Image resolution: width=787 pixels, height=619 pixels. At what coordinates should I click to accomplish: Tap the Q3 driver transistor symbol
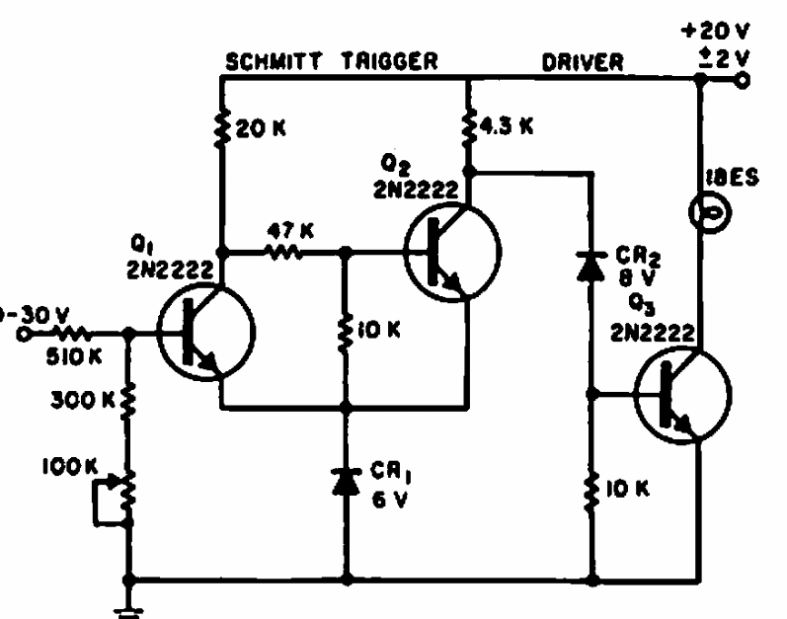click(682, 393)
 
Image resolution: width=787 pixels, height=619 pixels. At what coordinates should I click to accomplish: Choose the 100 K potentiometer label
click(64, 462)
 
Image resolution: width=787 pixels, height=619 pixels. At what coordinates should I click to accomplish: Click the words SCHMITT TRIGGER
click(332, 62)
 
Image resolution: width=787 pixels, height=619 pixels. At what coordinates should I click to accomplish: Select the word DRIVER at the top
click(583, 62)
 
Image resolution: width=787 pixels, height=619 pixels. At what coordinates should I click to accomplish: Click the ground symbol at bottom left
click(126, 607)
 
